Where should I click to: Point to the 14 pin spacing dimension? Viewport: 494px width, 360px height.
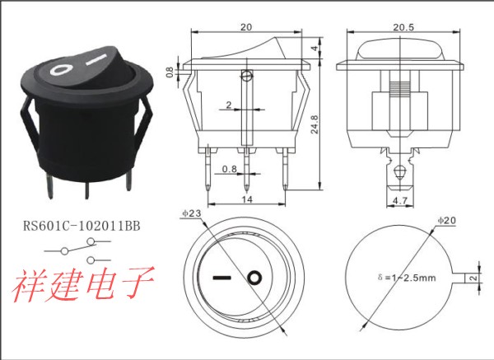(246, 200)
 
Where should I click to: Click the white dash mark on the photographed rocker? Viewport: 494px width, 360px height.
(99, 60)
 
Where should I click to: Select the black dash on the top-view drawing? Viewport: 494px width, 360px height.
(222, 277)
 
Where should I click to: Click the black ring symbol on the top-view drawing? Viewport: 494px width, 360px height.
(256, 277)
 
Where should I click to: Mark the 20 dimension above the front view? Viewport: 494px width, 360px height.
(246, 26)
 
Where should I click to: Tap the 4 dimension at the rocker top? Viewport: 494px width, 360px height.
(314, 49)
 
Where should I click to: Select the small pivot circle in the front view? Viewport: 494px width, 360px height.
(246, 77)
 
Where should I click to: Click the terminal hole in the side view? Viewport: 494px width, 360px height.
(399, 172)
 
